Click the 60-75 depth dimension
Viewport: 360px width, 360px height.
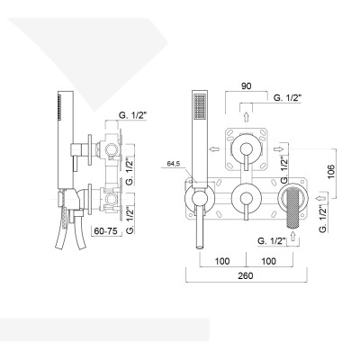[108, 230]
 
